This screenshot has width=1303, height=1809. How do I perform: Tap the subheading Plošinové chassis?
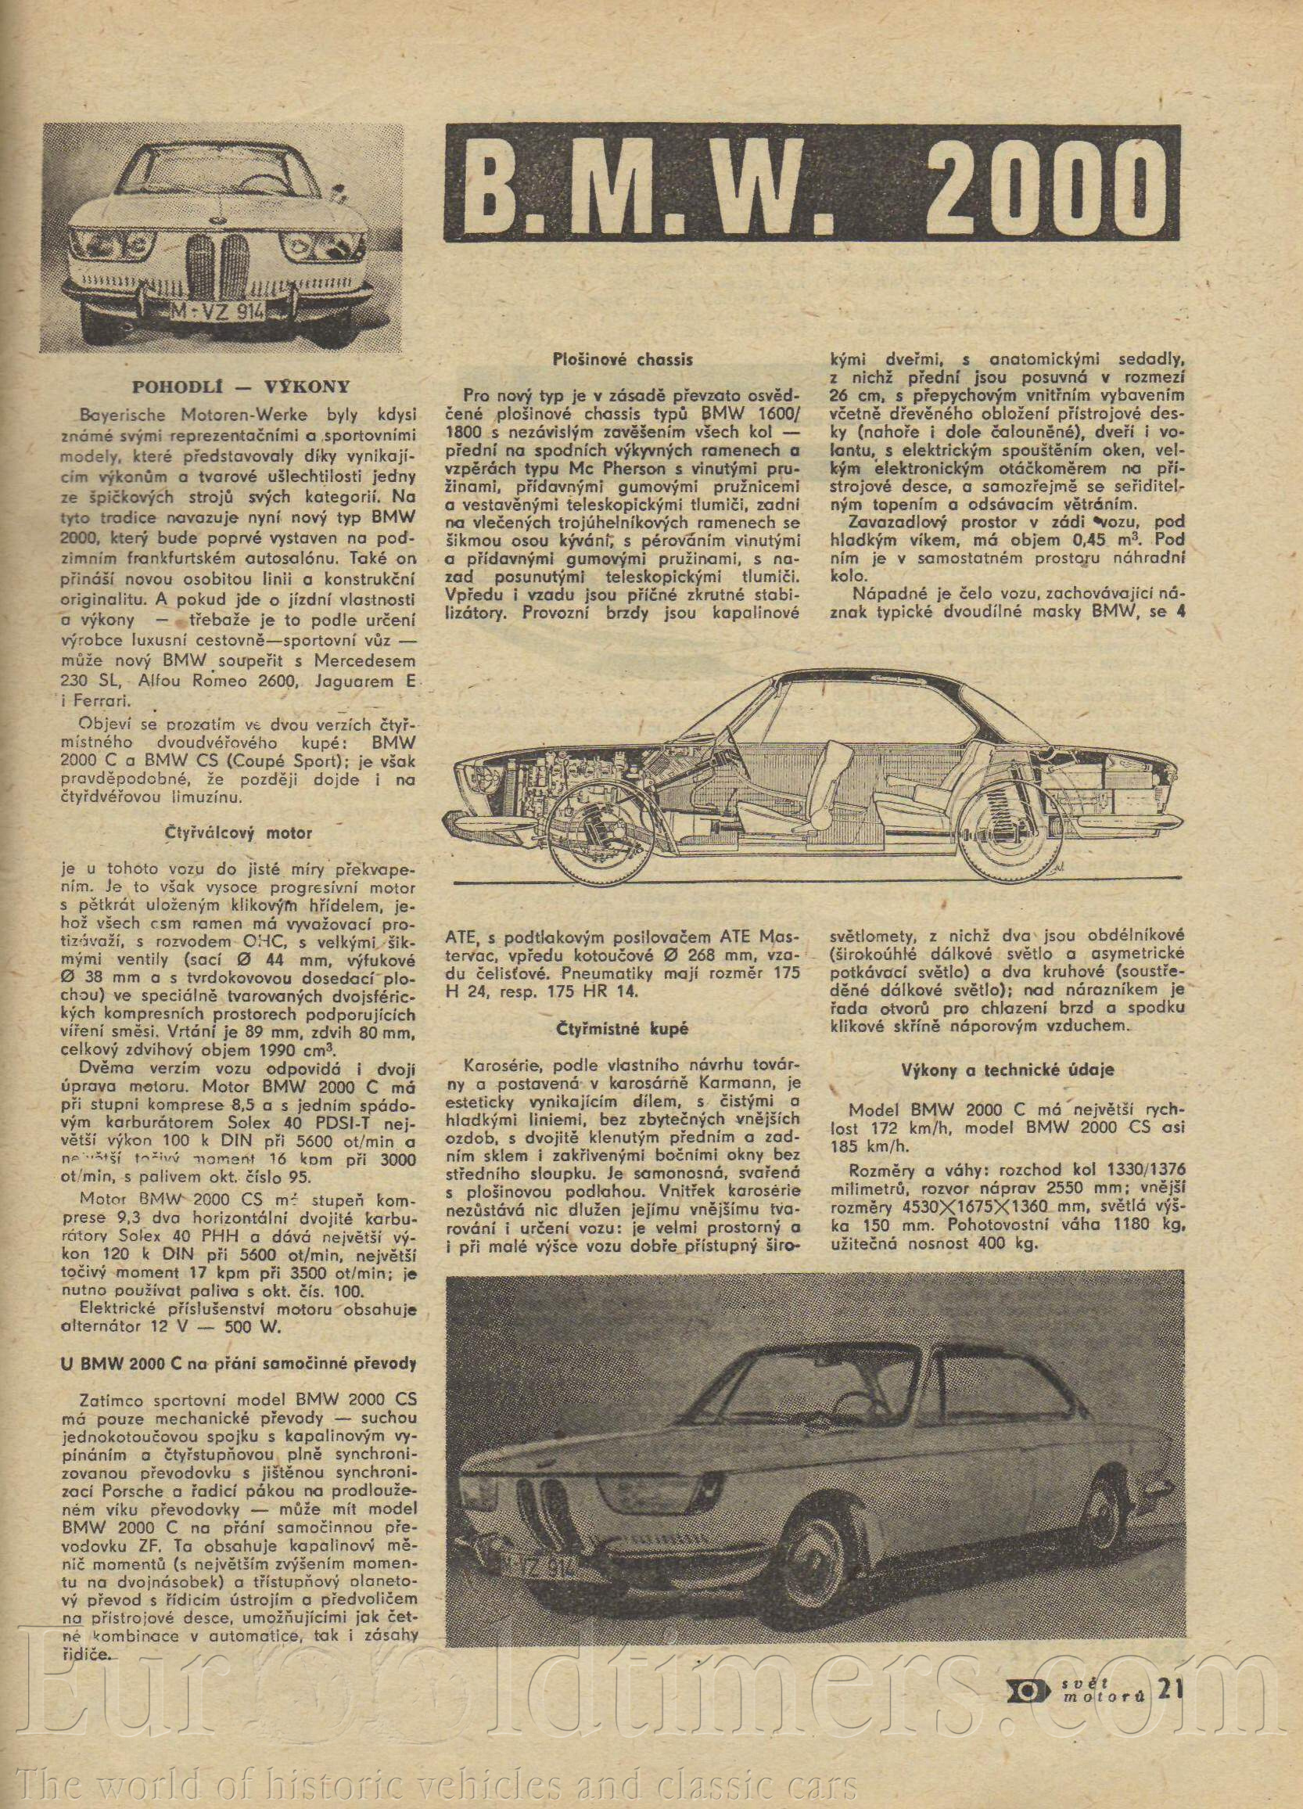click(x=623, y=360)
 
